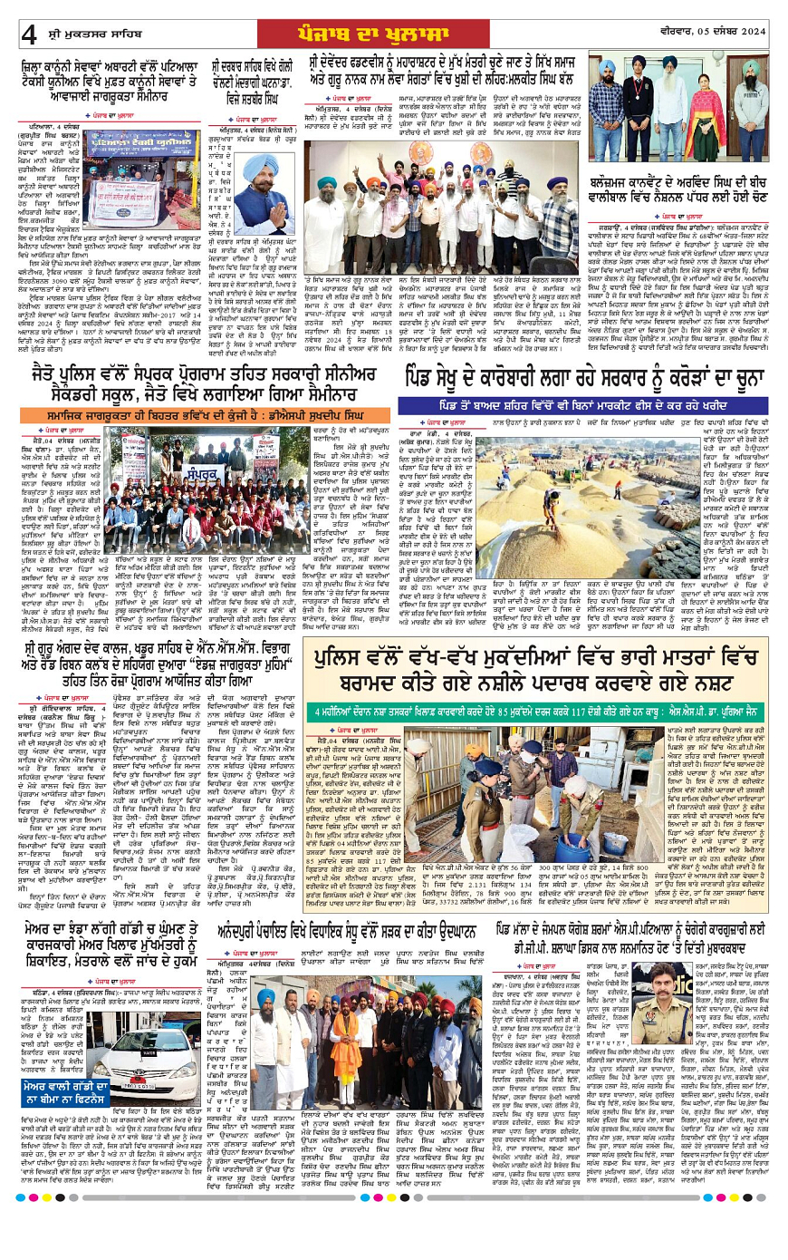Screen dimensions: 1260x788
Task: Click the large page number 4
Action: coord(29,35)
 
